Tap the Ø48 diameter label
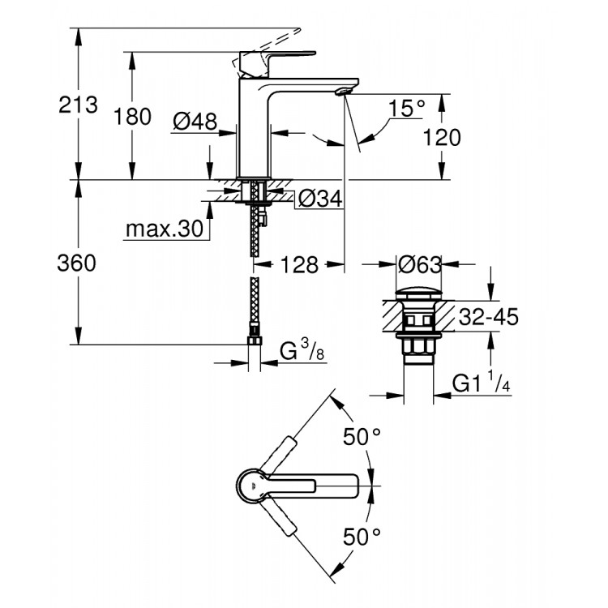click(x=195, y=122)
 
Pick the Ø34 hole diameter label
click(x=317, y=197)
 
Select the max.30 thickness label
click(x=164, y=229)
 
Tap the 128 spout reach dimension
click(x=300, y=264)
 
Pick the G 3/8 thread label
click(x=298, y=351)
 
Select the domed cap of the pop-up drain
click(x=419, y=291)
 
